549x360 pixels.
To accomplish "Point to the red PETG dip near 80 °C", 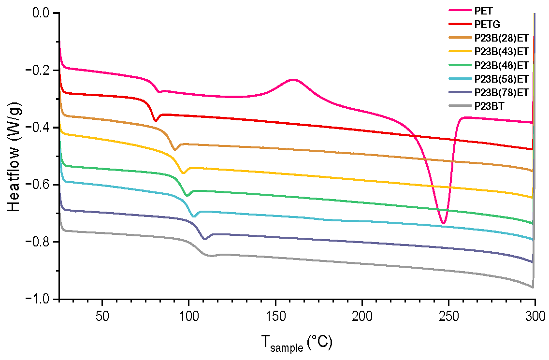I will click(155, 120).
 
